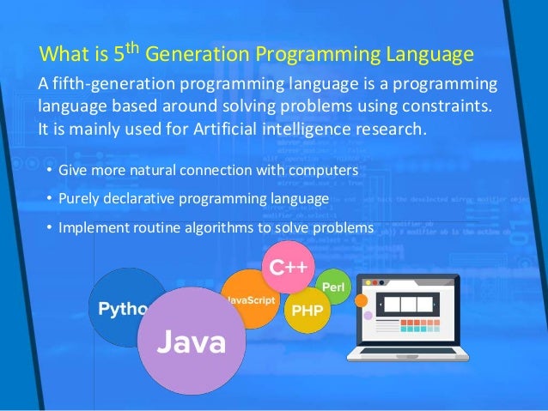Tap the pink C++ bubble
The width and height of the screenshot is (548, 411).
(289, 267)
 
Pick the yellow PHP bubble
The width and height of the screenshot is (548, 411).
(307, 310)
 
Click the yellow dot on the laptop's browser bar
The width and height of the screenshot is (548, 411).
(371, 282)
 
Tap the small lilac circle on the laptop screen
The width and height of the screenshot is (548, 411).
(368, 316)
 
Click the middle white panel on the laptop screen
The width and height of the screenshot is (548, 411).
(404, 304)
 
